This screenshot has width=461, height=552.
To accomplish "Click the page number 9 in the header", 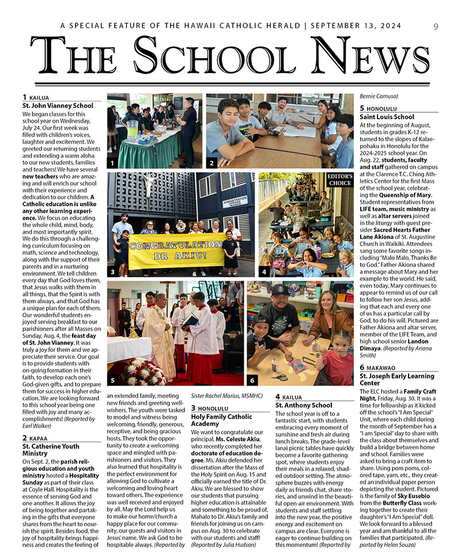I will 436,26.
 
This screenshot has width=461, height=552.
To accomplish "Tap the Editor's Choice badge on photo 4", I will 339,180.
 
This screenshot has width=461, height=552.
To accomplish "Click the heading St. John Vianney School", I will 57,105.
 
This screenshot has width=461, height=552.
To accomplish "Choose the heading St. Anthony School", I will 304,405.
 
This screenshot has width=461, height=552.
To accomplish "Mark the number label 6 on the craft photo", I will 252,380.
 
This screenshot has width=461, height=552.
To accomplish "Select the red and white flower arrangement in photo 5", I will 143,372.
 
